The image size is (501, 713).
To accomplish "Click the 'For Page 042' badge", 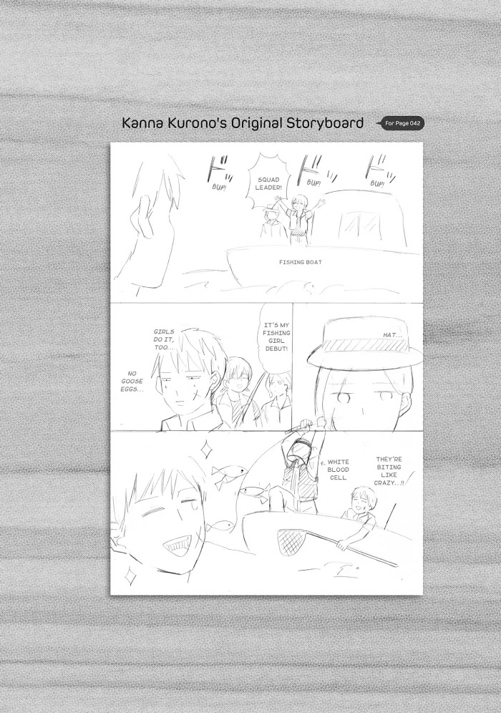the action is tap(402, 123).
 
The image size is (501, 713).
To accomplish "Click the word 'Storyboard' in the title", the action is tap(325, 123).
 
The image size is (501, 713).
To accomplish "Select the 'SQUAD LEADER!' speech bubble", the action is tap(268, 183).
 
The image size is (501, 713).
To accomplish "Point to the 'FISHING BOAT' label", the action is tap(300, 262).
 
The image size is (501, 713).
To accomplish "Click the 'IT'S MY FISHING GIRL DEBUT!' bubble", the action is tap(276, 337).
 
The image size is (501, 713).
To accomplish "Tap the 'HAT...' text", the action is tap(393, 335).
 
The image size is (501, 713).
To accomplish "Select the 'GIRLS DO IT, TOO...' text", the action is tap(164, 339).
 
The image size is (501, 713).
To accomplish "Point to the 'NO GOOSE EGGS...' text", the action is tap(132, 382).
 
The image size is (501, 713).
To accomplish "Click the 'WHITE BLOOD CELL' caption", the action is tap(339, 470).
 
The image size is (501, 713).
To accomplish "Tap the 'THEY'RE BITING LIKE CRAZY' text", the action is tap(389, 471).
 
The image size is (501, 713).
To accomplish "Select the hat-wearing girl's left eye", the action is tap(344, 397).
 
